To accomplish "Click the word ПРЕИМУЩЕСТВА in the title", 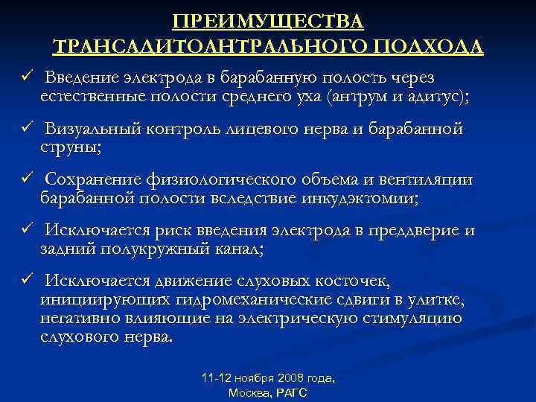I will click(268, 19).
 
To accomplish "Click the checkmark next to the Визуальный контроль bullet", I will click(25, 129).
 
